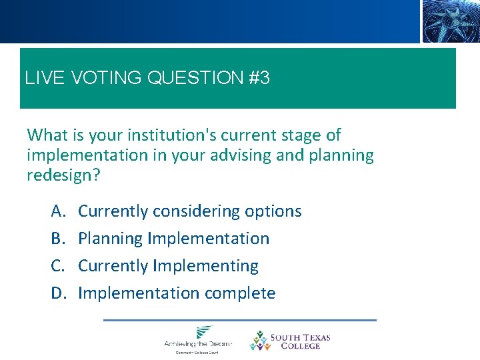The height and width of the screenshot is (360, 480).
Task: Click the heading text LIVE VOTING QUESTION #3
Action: [147, 79]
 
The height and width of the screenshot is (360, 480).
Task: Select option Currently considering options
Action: [189, 211]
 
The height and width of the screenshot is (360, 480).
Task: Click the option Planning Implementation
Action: [173, 239]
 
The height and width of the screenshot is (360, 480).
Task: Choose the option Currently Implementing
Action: [168, 266]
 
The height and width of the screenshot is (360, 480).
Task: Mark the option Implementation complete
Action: [177, 293]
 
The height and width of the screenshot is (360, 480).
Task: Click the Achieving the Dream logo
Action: [198, 339]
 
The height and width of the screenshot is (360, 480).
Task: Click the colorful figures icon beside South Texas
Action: [259, 341]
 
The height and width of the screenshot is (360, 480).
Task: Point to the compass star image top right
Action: [449, 21]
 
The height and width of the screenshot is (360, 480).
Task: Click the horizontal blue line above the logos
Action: [240, 320]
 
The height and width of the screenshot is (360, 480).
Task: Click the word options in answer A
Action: [273, 211]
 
